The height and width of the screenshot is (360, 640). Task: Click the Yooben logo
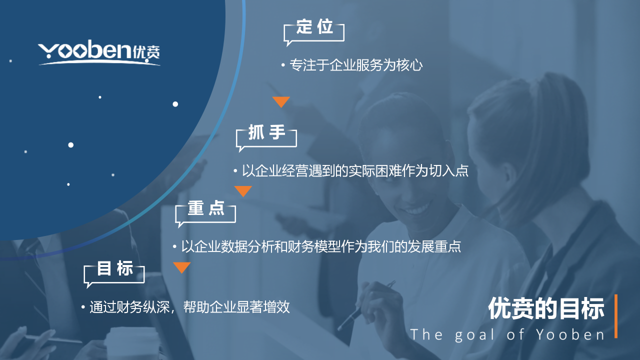pos(99,52)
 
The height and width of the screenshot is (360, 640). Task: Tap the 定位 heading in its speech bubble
pos(314,27)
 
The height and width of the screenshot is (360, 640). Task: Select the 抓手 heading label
pos(266,132)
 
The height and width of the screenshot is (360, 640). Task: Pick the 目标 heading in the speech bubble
pos(115,268)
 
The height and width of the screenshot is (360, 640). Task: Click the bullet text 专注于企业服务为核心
pos(356,65)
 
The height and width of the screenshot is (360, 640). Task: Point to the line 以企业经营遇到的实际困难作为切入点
pos(355,170)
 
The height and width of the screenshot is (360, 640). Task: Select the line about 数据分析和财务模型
pos(321,246)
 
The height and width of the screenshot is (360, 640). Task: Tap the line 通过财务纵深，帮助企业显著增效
pos(189,307)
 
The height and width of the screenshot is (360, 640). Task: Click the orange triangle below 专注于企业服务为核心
pos(281,101)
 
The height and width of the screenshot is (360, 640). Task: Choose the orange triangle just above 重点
pos(243,190)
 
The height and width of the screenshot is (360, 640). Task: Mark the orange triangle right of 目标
pos(181,267)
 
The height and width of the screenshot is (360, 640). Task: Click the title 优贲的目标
pos(546,308)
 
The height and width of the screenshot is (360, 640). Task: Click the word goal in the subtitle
pos(474,335)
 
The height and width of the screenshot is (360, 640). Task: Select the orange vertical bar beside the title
pos(616,316)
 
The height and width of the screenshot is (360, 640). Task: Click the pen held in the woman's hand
pos(366,305)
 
